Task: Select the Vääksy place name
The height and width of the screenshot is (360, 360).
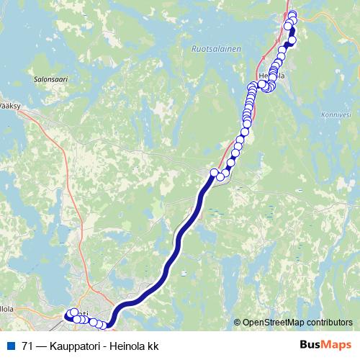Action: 9,105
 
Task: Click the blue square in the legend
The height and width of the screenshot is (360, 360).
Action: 11,346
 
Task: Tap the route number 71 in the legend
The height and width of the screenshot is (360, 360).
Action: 27,346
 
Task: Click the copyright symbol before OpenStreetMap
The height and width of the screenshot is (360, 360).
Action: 238,323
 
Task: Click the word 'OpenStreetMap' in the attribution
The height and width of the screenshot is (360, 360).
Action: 273,323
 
